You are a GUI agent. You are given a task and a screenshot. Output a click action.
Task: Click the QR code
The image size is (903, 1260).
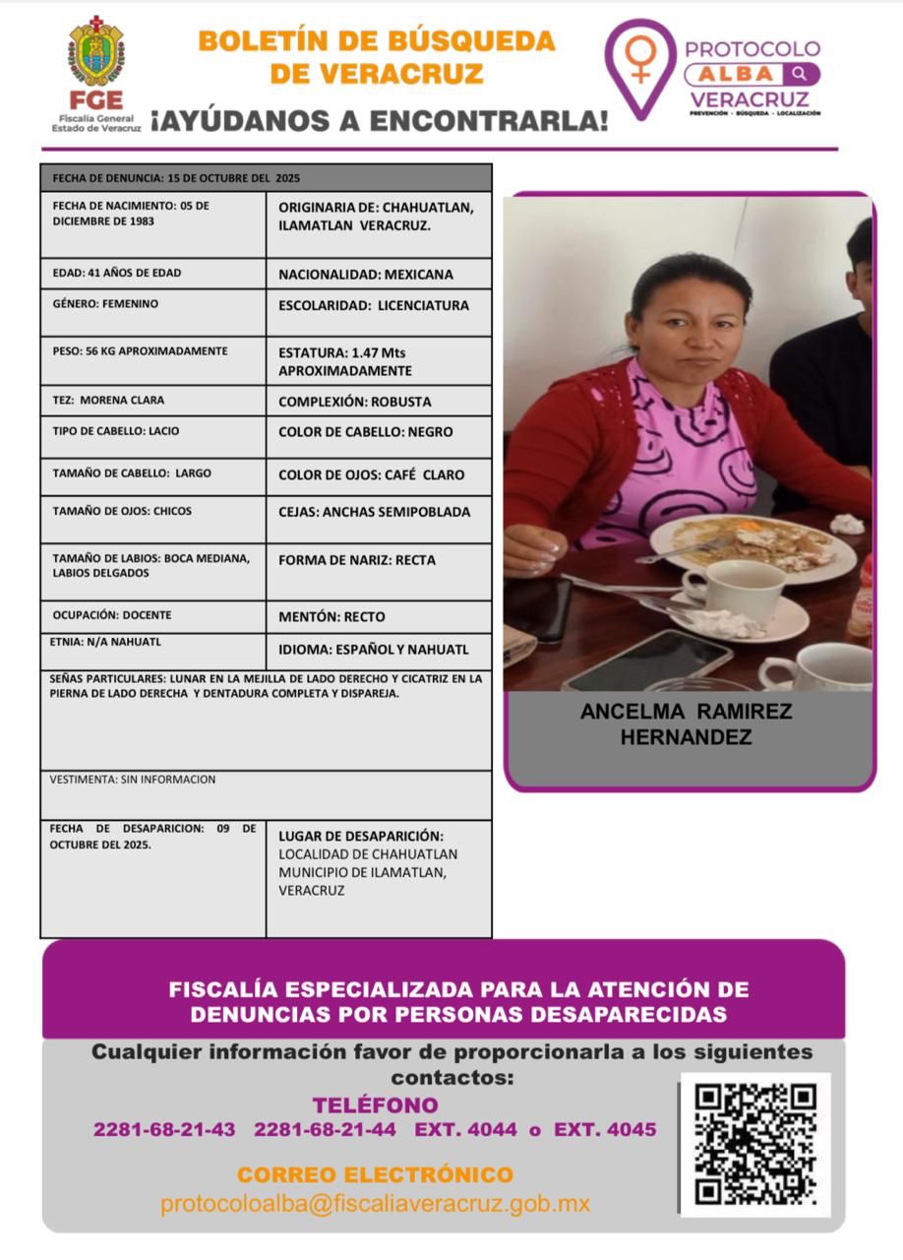pos(755,1144)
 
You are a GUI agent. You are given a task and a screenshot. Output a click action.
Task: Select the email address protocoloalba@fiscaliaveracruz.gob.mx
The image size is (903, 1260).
pos(375,1203)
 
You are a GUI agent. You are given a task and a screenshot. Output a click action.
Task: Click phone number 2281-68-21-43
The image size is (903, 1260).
pos(164,1129)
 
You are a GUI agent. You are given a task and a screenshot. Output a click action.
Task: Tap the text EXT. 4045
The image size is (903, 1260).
pos(605,1129)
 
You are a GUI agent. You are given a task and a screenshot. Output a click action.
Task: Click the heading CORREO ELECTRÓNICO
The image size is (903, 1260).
pos(375,1174)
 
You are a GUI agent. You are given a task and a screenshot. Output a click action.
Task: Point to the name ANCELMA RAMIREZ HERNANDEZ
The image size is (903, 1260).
pos(686,724)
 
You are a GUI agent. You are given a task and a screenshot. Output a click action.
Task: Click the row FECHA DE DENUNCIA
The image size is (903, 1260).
pos(266,178)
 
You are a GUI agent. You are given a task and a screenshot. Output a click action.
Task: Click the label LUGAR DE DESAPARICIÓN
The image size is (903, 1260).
pos(361,836)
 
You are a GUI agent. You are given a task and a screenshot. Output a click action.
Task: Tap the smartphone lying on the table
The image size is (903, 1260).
pos(648,659)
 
